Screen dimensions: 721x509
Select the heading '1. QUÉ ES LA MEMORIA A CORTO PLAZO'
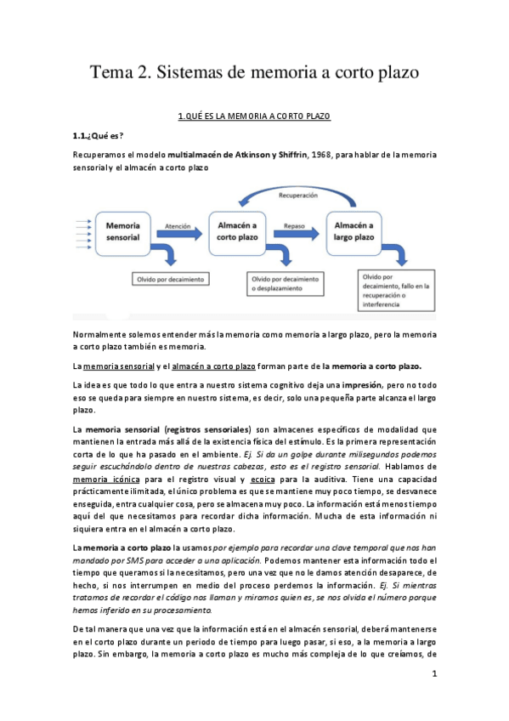pos(254,116)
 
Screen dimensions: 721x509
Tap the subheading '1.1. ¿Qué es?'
pos(98,136)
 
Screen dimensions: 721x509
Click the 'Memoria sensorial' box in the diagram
pos(122,231)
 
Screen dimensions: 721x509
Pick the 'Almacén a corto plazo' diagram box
pos(238,231)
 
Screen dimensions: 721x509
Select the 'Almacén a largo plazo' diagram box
pos(354,231)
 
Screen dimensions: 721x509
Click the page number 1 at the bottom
pos(434,674)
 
